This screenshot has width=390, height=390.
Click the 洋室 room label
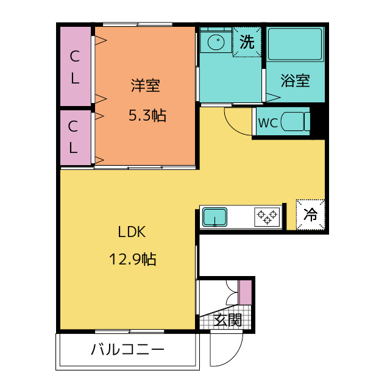click(x=146, y=85)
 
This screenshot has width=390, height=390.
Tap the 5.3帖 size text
click(x=147, y=115)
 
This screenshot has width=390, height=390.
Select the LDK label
click(x=132, y=232)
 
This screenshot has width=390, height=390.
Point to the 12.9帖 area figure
click(x=133, y=259)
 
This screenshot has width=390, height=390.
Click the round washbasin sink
click(x=216, y=41)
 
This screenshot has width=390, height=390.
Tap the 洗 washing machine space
click(x=247, y=42)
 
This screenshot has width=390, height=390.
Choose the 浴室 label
click(x=295, y=80)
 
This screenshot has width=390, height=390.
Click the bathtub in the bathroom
click(x=295, y=44)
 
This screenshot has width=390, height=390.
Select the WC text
click(x=268, y=122)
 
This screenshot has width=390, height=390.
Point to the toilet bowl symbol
click(x=295, y=122)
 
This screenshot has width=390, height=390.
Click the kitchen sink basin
click(x=214, y=217)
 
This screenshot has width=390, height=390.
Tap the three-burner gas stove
click(x=267, y=217)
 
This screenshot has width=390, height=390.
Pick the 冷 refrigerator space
click(x=310, y=214)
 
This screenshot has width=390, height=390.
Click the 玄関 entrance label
click(x=228, y=320)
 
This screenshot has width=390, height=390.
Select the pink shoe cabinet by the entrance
click(x=245, y=292)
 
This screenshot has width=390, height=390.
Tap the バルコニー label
click(x=127, y=349)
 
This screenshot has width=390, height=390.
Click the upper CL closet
click(x=76, y=66)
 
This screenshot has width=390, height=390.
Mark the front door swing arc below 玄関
click(x=233, y=359)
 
